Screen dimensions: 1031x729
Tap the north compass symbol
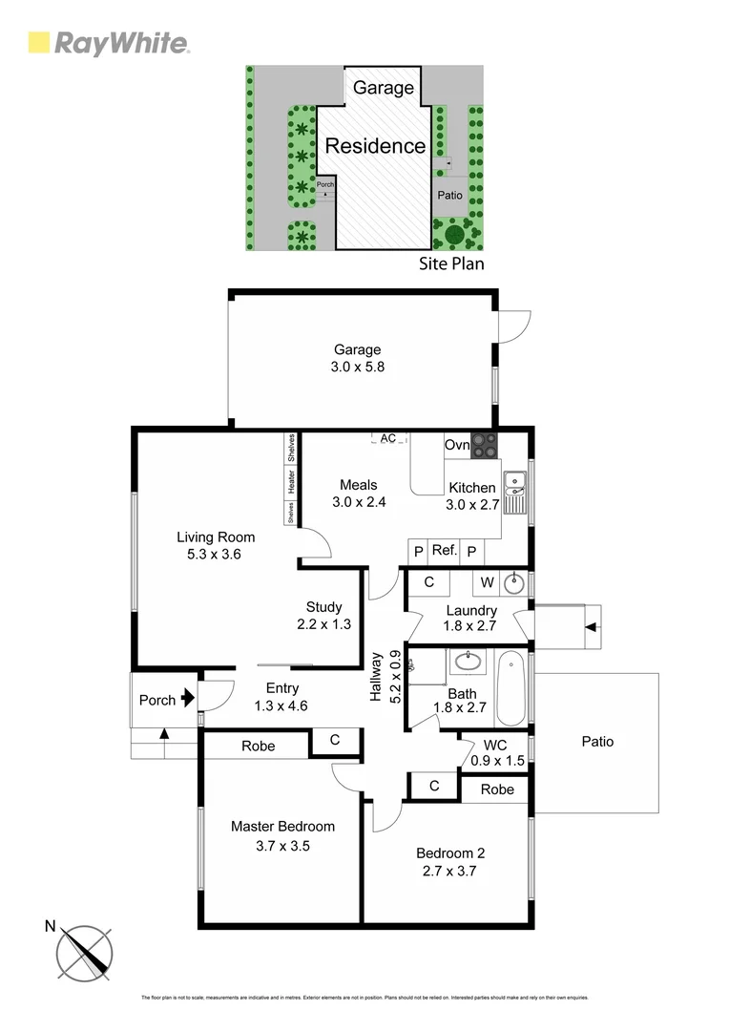coord(85,953)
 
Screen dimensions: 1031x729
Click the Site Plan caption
coord(451,263)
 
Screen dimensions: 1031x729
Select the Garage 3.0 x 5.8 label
coord(357,358)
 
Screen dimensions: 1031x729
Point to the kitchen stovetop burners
coord(484,447)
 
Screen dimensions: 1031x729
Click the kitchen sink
coord(514,491)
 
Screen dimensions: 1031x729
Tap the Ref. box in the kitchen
coord(445,551)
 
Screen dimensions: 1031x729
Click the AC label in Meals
coord(387,438)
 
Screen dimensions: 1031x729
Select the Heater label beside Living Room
coord(291,484)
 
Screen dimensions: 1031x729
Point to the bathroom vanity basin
coord(468,660)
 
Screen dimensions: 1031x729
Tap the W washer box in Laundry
coord(487,582)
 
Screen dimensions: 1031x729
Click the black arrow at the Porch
coord(187,700)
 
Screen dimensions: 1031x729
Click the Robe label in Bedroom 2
coord(497,789)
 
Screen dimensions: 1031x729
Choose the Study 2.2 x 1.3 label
coord(323,616)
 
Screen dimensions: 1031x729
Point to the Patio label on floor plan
coord(597,741)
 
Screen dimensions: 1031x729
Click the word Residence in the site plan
coord(375,146)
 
